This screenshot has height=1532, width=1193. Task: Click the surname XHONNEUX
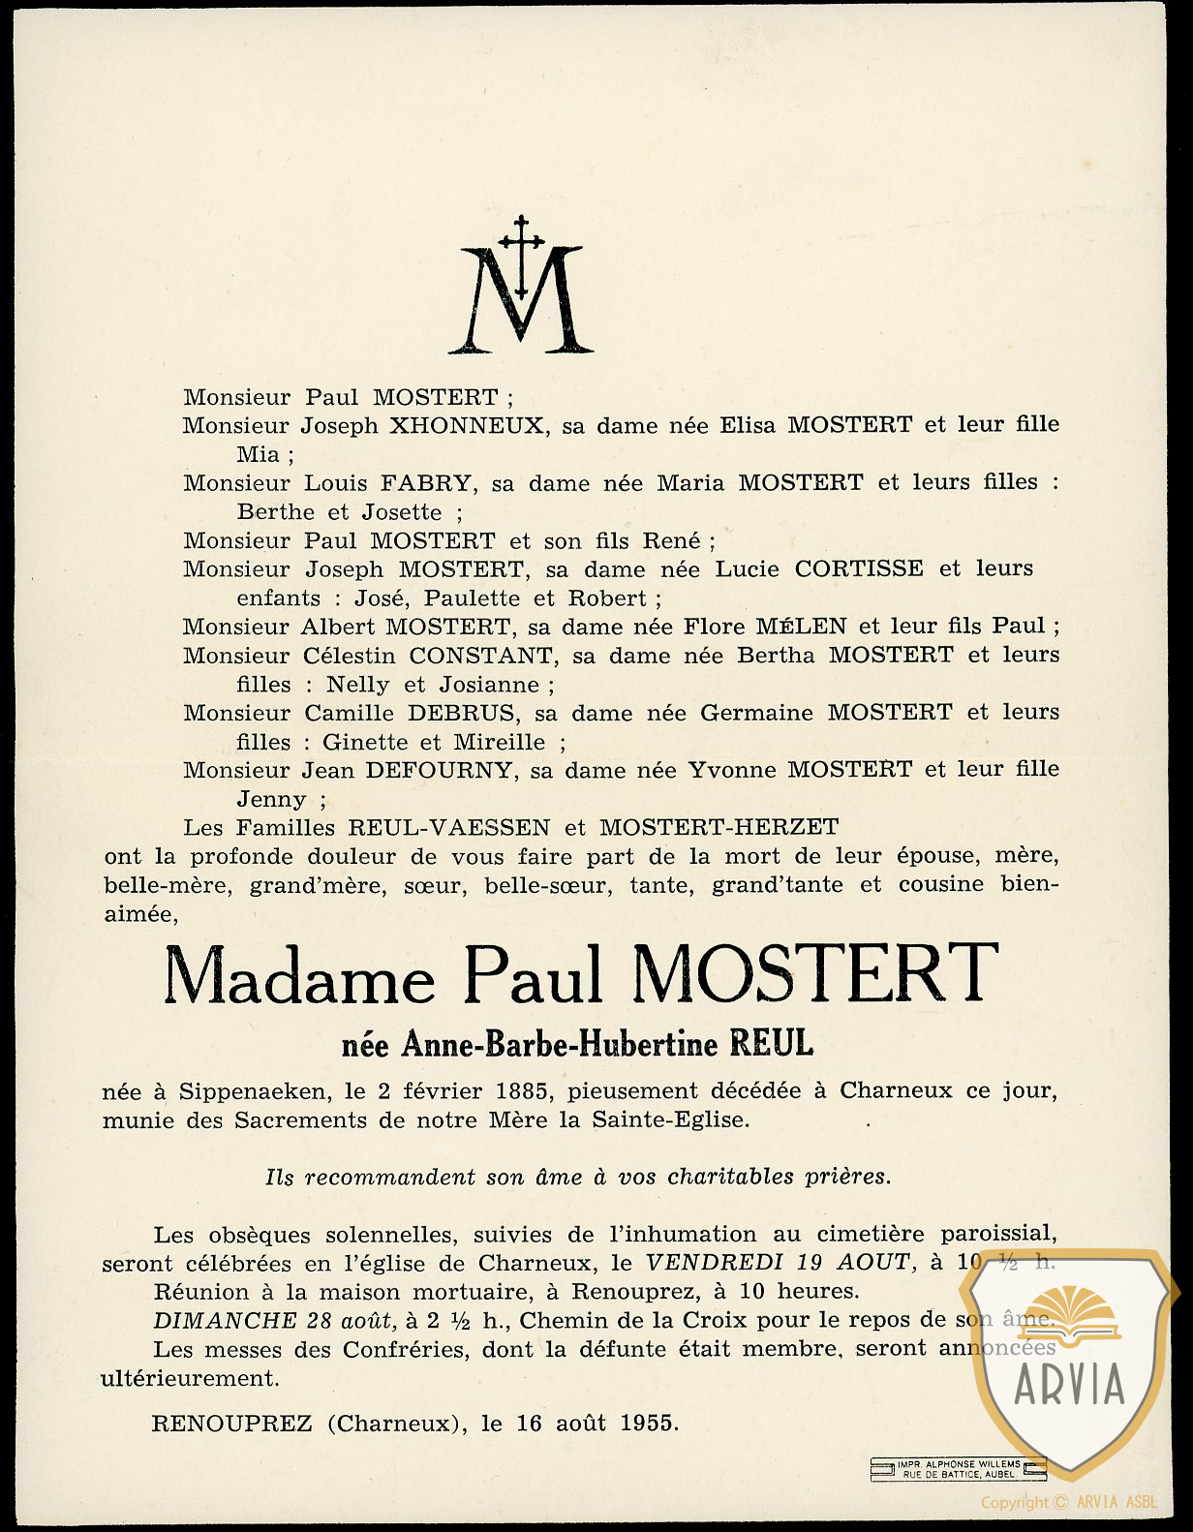[x=466, y=426]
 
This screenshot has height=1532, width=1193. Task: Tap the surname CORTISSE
[x=859, y=569]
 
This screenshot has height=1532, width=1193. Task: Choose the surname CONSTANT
[x=483, y=656]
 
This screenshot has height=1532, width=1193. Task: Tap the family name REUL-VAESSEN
[x=449, y=828]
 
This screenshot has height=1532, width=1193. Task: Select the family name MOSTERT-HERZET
[x=719, y=828]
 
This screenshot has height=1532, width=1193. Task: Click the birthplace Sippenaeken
[x=253, y=1091]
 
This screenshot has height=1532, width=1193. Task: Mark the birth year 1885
[x=522, y=1091]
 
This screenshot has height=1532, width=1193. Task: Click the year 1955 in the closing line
[x=647, y=1424]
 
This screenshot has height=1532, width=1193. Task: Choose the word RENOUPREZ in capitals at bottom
[x=232, y=1424]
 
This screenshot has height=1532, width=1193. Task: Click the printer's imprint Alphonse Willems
[x=959, y=1464]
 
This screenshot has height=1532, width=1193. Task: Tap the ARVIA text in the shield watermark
[x=1069, y=1384]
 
